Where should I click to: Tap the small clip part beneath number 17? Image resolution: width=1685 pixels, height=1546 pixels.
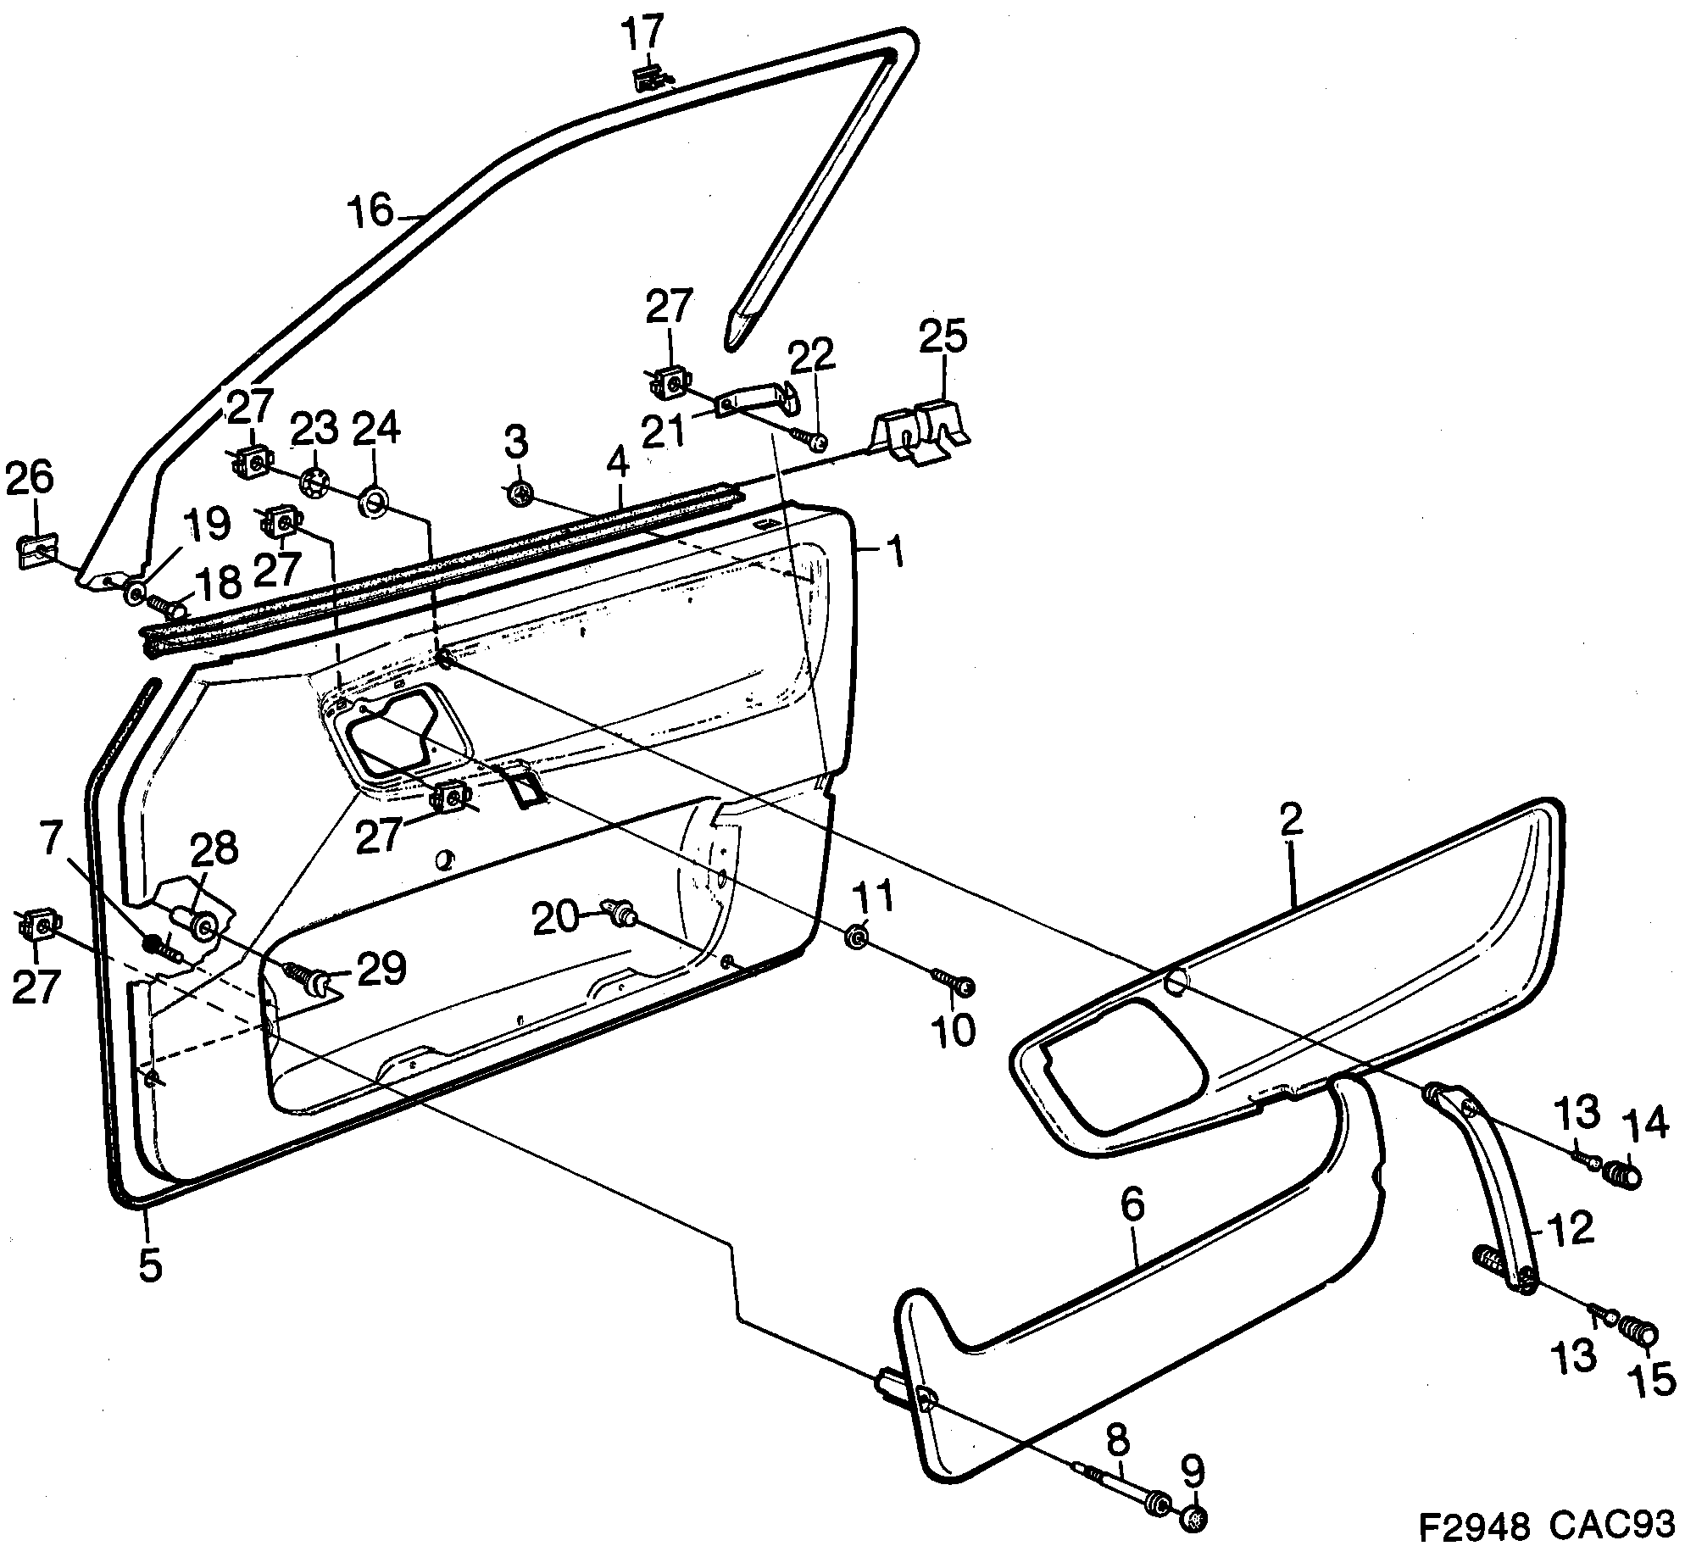point(650,80)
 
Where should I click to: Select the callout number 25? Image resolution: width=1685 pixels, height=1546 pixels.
point(943,336)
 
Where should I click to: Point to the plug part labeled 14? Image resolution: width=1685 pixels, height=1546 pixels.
point(1622,1176)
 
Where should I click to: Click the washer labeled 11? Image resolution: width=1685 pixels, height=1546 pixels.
point(856,937)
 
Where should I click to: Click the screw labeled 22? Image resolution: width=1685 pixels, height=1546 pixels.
point(812,441)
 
